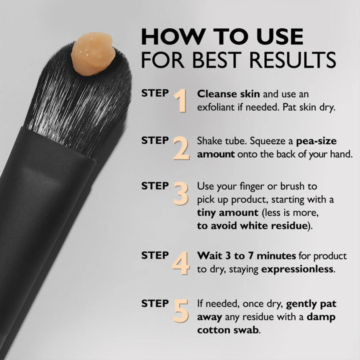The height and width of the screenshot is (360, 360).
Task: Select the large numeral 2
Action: click(181, 148)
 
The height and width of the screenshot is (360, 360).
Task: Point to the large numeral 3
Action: click(181, 193)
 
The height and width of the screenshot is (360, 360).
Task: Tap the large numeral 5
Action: click(181, 310)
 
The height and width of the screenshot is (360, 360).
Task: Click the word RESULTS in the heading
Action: click(293, 59)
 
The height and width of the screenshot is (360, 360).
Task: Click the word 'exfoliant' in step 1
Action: click(217, 108)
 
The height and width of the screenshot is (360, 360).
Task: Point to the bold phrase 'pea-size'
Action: click(316, 142)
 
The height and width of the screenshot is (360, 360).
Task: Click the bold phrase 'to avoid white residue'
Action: click(251, 226)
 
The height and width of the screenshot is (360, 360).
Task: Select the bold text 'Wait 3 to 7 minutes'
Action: click(246, 256)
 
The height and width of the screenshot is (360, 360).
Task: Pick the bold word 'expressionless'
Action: click(297, 269)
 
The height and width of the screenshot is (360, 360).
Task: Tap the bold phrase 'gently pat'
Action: click(311, 303)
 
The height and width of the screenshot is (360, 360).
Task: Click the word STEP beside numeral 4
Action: click(155, 255)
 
